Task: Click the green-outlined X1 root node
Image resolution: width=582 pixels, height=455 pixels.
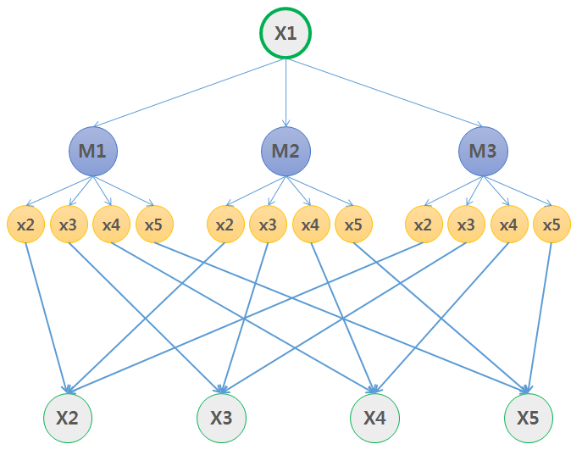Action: pyautogui.click(x=285, y=34)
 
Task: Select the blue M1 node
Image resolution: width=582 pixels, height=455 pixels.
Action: pyautogui.click(x=92, y=152)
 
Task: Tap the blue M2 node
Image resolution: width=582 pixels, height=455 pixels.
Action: pyautogui.click(x=285, y=152)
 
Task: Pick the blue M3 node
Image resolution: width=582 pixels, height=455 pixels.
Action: pyautogui.click(x=483, y=152)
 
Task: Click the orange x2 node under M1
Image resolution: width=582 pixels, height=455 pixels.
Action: pyautogui.click(x=25, y=225)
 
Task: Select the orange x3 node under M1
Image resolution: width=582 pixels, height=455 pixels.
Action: pyautogui.click(x=69, y=225)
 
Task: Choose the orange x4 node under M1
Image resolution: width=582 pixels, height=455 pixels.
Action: pyautogui.click(x=111, y=225)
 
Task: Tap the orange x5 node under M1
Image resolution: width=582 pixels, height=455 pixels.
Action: pyautogui.click(x=153, y=225)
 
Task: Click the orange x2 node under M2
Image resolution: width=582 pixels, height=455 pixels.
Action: pyautogui.click(x=224, y=225)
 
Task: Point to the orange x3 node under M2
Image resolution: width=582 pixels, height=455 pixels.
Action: pyautogui.click(x=268, y=225)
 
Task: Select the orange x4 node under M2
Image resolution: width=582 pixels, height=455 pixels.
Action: pyautogui.click(x=311, y=225)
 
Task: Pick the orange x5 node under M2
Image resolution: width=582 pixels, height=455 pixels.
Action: pyautogui.click(x=353, y=225)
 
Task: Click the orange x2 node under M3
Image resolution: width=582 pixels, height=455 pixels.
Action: pyautogui.click(x=424, y=225)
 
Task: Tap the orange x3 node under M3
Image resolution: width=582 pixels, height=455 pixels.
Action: pyautogui.click(x=466, y=225)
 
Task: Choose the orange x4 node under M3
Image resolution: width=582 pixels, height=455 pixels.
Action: pyautogui.click(x=508, y=225)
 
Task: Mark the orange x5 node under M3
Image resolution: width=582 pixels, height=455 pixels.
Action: pyautogui.click(x=552, y=225)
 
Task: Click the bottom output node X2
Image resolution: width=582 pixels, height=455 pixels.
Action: pyautogui.click(x=67, y=418)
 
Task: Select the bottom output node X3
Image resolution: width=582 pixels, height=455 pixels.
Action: pyautogui.click(x=221, y=418)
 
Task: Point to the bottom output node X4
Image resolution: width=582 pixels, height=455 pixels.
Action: pyautogui.click(x=374, y=418)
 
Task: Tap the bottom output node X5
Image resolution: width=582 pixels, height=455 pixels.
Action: pyautogui.click(x=529, y=418)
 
